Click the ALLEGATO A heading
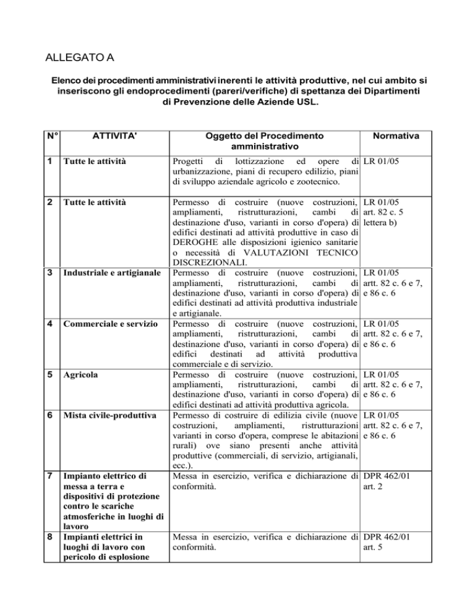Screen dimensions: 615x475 [x=80, y=60]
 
